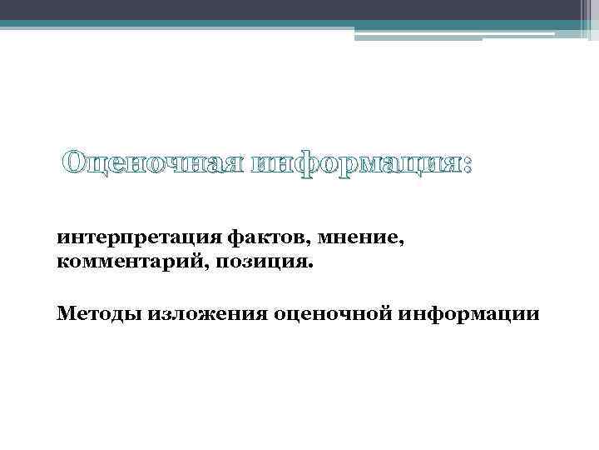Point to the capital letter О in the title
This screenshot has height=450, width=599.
click(76, 163)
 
